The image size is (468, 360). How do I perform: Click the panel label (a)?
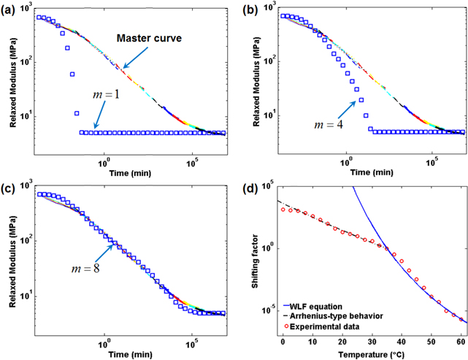coord(9,9)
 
